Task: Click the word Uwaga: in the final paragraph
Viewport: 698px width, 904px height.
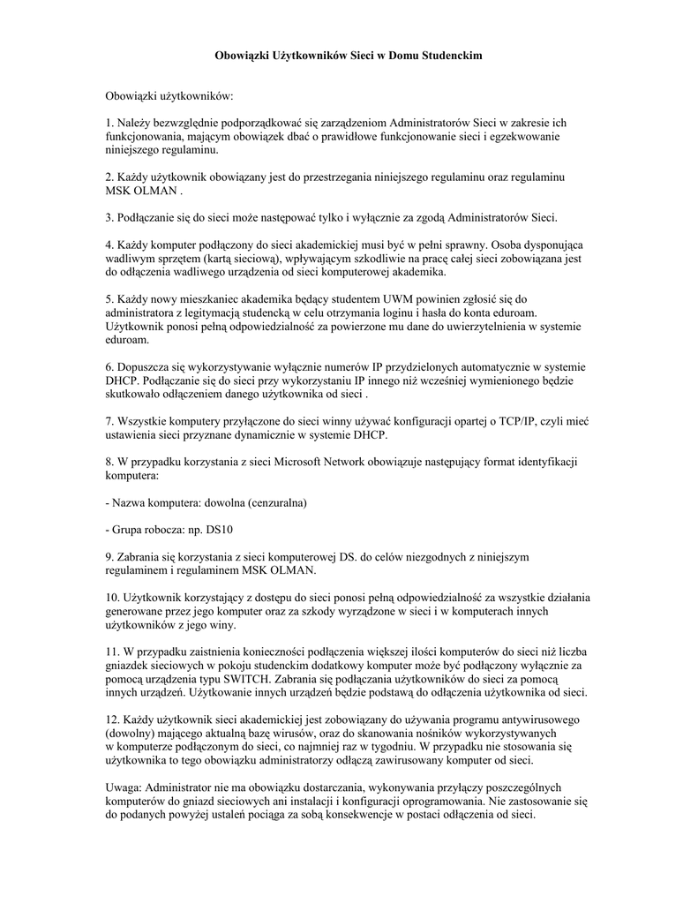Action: click(x=124, y=787)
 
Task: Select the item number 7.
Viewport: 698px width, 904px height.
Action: click(x=109, y=421)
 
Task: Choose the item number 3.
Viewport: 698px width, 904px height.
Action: click(x=109, y=217)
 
